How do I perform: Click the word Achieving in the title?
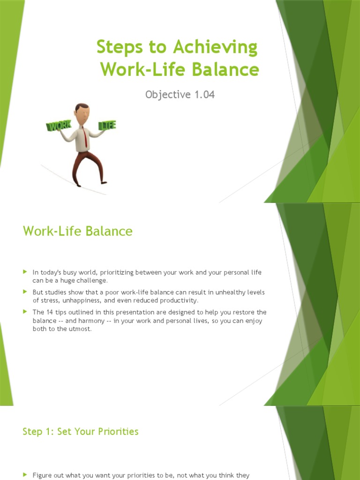pyautogui.click(x=216, y=48)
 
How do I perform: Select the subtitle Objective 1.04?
pyautogui.click(x=180, y=94)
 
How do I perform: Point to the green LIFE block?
pyautogui.click(x=107, y=125)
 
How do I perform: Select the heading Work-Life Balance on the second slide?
pyautogui.click(x=78, y=231)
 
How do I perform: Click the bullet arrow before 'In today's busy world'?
pyautogui.click(x=25, y=272)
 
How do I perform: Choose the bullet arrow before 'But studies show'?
pyautogui.click(x=25, y=292)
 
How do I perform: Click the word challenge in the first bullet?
pyautogui.click(x=93, y=280)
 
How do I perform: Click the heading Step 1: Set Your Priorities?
pyautogui.click(x=81, y=432)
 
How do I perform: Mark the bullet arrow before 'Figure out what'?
pyautogui.click(x=25, y=475)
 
